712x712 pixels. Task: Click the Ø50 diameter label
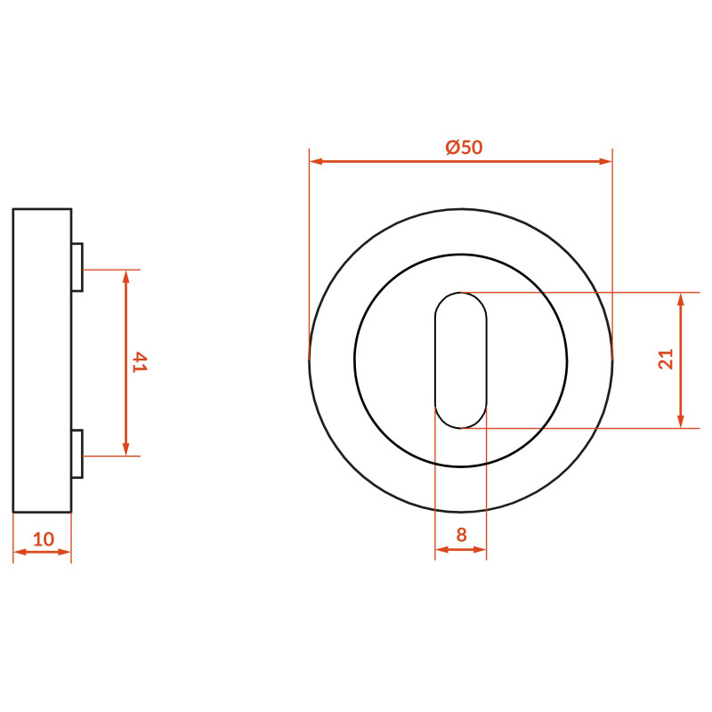click(x=464, y=147)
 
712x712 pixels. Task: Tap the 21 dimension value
click(x=666, y=359)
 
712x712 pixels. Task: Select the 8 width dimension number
click(x=461, y=535)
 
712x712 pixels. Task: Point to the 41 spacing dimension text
click(x=140, y=362)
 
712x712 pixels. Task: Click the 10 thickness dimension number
click(x=44, y=539)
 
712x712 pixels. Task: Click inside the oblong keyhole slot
click(x=460, y=360)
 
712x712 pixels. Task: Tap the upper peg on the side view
click(x=77, y=267)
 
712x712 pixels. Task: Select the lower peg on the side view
click(x=77, y=454)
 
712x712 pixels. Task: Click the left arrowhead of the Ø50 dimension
click(x=316, y=161)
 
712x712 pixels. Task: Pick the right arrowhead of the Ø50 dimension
click(x=606, y=161)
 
